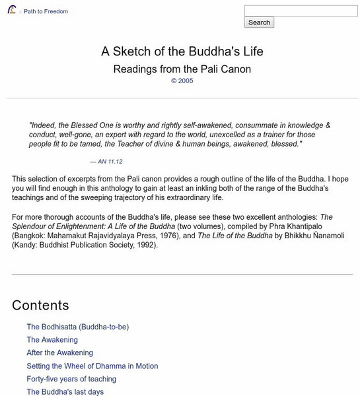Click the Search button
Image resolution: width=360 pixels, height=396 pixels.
point(259,22)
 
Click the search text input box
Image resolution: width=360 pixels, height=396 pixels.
point(300,11)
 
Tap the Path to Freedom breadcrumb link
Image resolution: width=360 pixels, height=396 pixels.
point(46,12)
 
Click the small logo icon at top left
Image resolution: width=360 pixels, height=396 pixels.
point(12,11)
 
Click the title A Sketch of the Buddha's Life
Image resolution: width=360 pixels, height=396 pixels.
point(182,51)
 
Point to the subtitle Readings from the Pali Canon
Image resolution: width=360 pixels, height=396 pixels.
point(182,69)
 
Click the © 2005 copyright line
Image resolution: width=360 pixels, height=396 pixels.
point(182,81)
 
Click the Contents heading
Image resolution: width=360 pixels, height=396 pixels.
point(40,305)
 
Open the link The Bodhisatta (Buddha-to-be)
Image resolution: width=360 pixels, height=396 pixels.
point(77,327)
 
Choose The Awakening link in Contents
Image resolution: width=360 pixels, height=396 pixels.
point(52,340)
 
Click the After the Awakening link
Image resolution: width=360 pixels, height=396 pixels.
point(59,353)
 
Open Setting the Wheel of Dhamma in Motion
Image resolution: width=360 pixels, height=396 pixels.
point(92,366)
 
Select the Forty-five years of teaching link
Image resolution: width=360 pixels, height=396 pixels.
point(71,379)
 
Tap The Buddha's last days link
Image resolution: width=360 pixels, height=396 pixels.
point(65,392)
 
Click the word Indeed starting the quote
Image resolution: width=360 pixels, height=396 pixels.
point(43,125)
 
